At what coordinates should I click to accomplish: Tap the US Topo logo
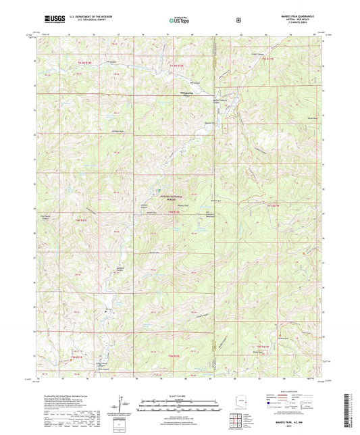[x=180, y=20]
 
